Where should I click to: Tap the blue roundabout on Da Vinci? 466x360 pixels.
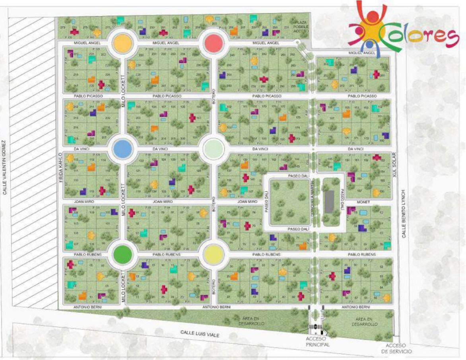(x=122, y=149)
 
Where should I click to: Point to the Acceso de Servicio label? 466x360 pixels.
(x=399, y=348)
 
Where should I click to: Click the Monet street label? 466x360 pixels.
(x=363, y=202)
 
